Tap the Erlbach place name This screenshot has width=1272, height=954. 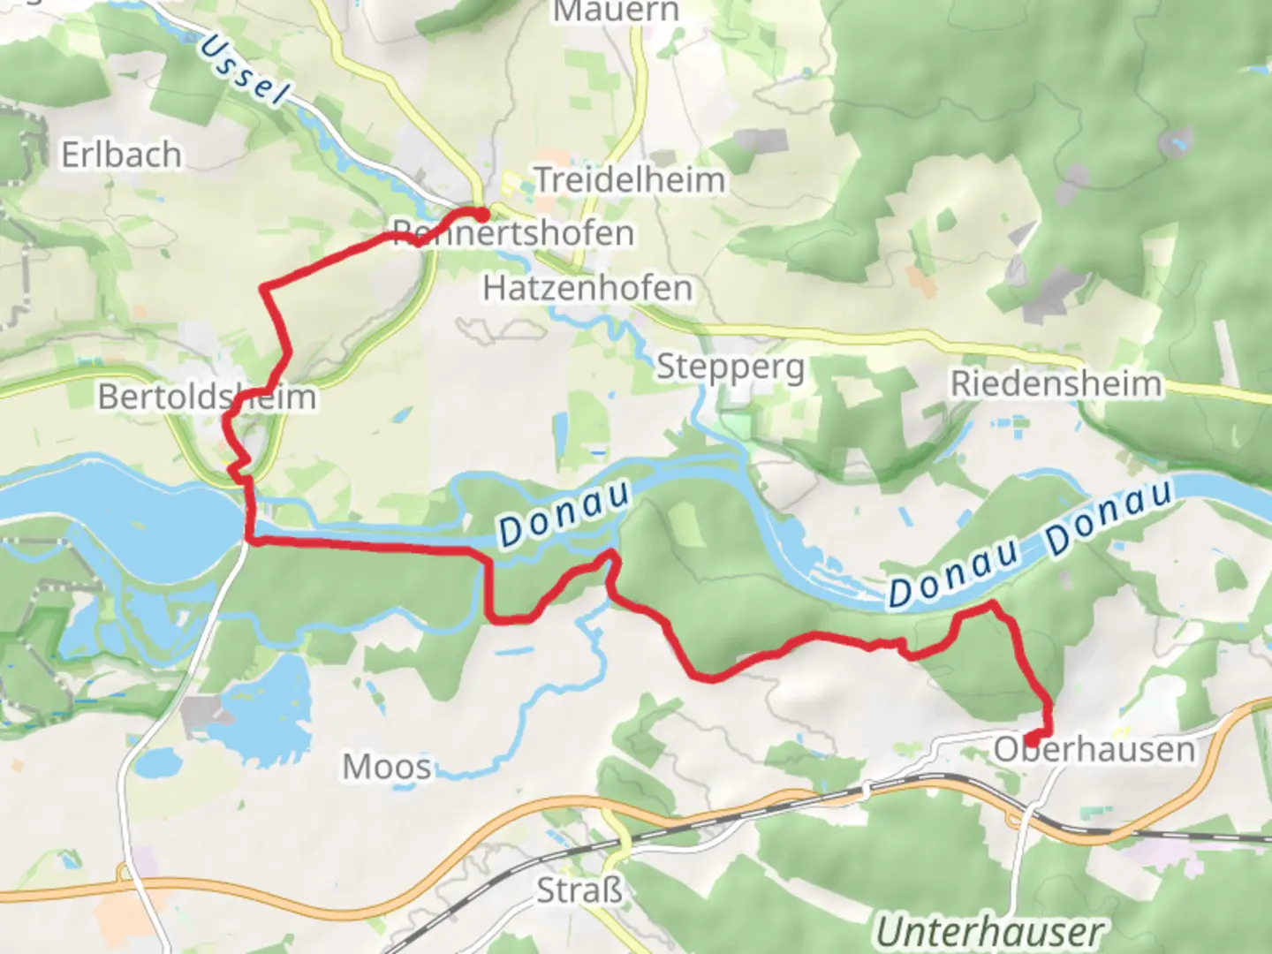[121, 155]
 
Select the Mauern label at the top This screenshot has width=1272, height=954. [616, 11]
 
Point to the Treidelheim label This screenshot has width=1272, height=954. [630, 180]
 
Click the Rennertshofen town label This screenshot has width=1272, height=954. [513, 234]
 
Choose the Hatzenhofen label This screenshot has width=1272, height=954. [587, 288]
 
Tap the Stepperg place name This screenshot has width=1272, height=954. [731, 367]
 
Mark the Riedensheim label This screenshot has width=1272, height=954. [1056, 384]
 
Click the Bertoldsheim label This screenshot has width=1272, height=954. [207, 397]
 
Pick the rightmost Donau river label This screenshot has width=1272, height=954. [1110, 519]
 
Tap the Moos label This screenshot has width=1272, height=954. [387, 767]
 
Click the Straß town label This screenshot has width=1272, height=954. [579, 890]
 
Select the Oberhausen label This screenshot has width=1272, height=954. [1094, 750]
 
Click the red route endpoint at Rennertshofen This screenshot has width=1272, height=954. [481, 215]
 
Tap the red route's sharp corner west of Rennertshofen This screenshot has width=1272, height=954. [264, 287]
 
